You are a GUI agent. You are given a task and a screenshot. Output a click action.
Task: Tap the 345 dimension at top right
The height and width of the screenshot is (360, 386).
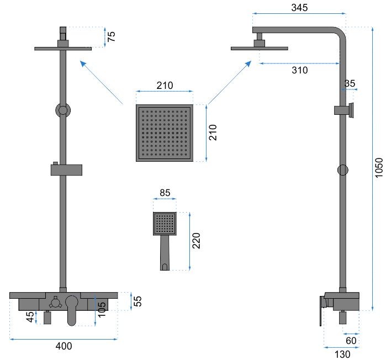[299, 8]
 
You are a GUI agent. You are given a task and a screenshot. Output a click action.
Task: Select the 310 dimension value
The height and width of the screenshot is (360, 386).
[299, 70]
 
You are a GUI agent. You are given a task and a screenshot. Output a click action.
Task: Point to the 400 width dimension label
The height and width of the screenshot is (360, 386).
[64, 346]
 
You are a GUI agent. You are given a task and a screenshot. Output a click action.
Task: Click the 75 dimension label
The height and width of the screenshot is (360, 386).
[112, 38]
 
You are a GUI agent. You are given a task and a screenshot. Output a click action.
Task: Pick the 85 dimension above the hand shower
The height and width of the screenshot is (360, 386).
[165, 193]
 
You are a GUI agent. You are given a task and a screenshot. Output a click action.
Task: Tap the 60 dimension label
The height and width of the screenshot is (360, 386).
[351, 340]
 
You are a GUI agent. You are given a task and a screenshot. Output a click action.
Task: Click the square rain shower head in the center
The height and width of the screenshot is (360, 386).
[165, 133]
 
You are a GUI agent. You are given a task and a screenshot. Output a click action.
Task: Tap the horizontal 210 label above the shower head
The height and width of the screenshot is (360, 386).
[165, 85]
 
